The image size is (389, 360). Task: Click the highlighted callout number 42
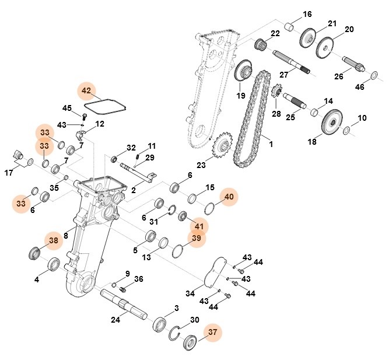pyautogui.click(x=86, y=91)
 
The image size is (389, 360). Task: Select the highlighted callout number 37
pyautogui.click(x=212, y=333)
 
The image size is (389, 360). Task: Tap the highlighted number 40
pyautogui.click(x=229, y=197)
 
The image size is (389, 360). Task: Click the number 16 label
pyautogui.click(x=307, y=14)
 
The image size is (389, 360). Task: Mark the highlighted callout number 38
pyautogui.click(x=54, y=240)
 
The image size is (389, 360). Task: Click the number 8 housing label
pyautogui.click(x=66, y=236)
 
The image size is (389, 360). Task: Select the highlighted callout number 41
pyautogui.click(x=199, y=226)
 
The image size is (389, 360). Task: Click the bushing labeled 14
pyautogui.click(x=314, y=111)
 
